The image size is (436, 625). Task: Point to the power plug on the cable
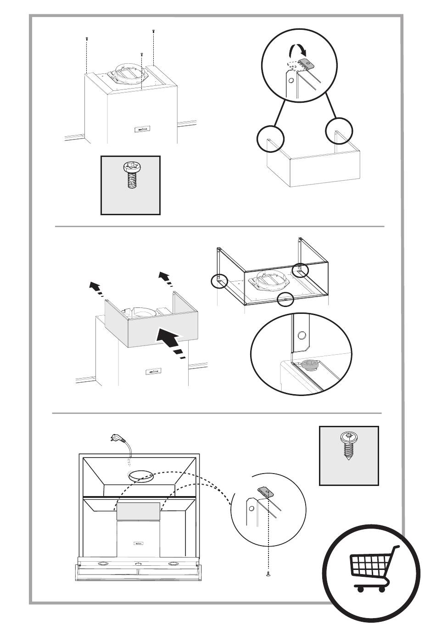117,438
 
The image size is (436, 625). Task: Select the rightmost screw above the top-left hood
153,31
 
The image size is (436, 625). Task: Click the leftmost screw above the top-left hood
86,39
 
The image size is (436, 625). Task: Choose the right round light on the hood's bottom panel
173,564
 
